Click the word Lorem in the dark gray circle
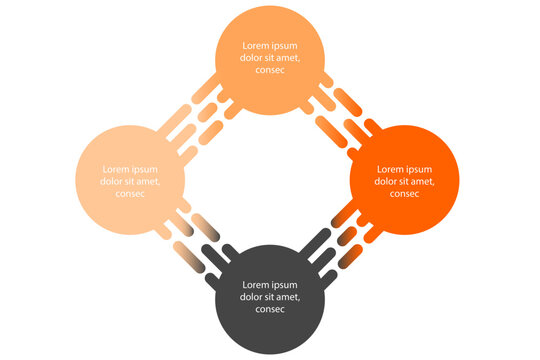tap(256, 285)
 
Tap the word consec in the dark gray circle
tap(270, 310)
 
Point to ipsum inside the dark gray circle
tap(285, 285)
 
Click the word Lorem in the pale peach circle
tap(116, 169)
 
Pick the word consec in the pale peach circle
tap(130, 194)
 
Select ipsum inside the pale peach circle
tap(145, 169)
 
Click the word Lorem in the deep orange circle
tap(390, 169)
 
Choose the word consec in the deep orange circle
tap(404, 194)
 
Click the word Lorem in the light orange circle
tap(256, 46)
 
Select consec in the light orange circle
tap(270, 71)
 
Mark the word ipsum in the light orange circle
tap(285, 46)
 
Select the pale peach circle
tap(130, 215)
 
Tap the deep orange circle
tap(404, 215)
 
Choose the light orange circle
tap(270, 90)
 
